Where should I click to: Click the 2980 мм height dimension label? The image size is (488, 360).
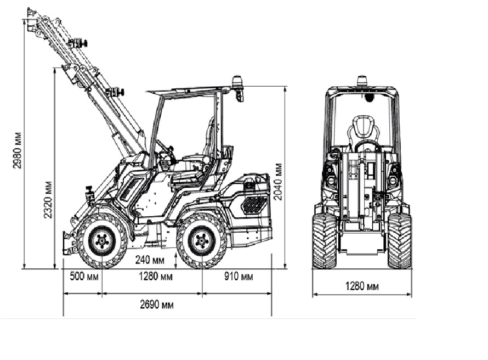(x=18, y=150)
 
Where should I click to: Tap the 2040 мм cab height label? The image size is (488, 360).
(x=278, y=181)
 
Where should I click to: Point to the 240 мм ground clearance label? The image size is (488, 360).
(x=150, y=260)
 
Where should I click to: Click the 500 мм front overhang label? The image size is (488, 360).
(x=84, y=276)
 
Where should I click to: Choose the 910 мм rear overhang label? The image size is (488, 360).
(x=239, y=276)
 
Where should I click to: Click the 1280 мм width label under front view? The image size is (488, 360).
(x=361, y=286)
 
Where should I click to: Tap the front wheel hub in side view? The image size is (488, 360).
(x=102, y=240)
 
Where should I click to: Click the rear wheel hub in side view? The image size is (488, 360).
(x=202, y=240)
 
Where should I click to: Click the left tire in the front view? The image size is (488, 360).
(x=325, y=241)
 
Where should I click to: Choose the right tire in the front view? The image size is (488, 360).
(x=400, y=241)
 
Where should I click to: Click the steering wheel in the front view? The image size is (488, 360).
(x=366, y=146)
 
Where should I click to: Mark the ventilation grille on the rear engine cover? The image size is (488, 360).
(x=253, y=205)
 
